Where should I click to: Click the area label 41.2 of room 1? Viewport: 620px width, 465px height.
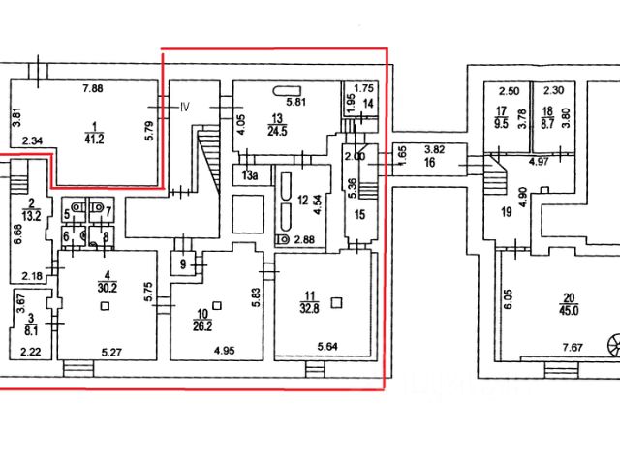coord(94,138)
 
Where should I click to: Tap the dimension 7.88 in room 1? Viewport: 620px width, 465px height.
coord(93,89)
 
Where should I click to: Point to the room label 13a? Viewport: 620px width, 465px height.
coord(249,175)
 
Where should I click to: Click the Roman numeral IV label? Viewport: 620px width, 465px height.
coord(185,108)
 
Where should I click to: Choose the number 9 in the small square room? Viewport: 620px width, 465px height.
coord(184,262)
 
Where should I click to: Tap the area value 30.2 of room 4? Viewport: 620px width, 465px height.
coord(106,287)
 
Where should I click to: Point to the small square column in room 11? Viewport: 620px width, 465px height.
coord(335,302)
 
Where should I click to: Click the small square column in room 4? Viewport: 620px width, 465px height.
coord(106,304)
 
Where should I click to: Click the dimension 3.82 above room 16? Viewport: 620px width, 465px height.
coord(433,150)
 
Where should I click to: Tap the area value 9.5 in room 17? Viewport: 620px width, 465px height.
coord(502,123)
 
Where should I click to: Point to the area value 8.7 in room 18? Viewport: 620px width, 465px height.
coord(547,124)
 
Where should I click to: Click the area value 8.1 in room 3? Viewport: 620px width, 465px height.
coord(30,327)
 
